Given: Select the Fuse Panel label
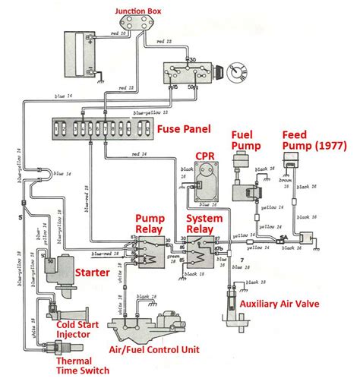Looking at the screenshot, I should [x=184, y=130].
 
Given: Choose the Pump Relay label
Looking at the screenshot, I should [x=150, y=222].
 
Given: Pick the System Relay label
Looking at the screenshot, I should [x=204, y=222].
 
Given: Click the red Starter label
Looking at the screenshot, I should [x=93, y=270].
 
